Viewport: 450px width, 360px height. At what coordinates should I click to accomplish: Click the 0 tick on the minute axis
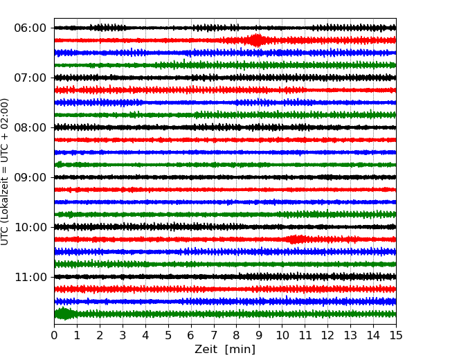point(55,336)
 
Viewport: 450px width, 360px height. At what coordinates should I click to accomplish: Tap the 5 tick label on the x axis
point(168,336)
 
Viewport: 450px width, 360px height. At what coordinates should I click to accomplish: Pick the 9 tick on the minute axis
point(260,336)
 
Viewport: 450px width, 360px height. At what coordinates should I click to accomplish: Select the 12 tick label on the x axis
point(327,336)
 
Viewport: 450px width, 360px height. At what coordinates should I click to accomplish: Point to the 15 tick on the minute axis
point(396,336)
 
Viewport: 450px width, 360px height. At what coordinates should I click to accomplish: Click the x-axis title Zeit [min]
point(225,350)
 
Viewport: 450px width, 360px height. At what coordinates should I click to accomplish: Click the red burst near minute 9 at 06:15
point(257,40)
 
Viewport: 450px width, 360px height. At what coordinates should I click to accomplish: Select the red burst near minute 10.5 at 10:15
point(296,240)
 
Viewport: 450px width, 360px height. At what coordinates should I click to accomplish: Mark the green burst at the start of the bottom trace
point(64,314)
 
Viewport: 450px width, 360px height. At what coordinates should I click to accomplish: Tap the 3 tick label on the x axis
point(123,336)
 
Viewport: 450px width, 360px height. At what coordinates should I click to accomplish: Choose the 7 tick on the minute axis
point(214,336)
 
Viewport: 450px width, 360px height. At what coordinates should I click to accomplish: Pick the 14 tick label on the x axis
point(373,336)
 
